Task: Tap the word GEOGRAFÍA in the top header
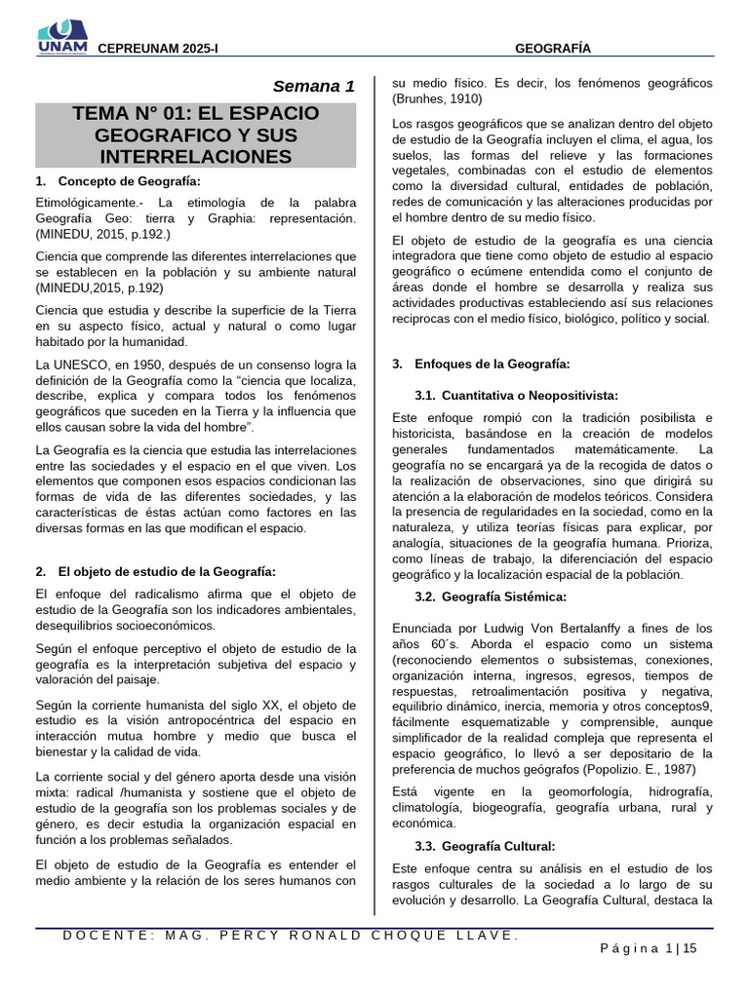tap(552, 48)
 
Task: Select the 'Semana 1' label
tap(313, 86)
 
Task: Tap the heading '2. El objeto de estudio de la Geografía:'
tap(155, 571)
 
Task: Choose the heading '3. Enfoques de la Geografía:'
tap(481, 364)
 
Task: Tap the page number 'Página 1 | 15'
tap(648, 949)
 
